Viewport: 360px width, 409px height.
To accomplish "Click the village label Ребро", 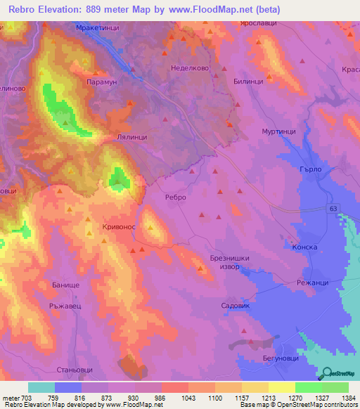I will (x=175, y=197).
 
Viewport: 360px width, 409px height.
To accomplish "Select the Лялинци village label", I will (x=131, y=138).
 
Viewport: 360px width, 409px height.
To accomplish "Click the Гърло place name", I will (x=309, y=169).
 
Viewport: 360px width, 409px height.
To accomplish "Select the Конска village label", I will (x=304, y=247).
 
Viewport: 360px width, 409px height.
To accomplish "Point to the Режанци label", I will (x=313, y=282).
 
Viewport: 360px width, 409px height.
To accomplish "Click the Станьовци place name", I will (x=75, y=368).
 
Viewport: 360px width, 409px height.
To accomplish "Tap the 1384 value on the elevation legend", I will (x=347, y=398).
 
